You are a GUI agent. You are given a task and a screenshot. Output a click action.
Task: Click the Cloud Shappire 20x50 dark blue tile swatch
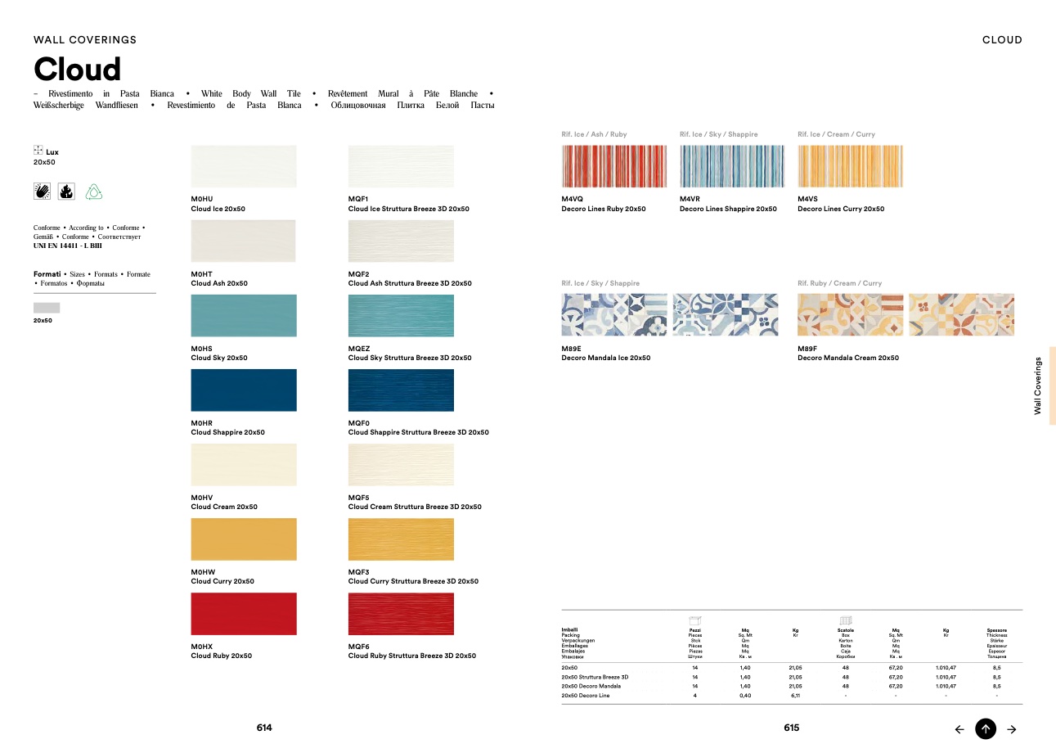(244, 390)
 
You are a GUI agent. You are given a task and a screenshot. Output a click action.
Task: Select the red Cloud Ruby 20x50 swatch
(244, 614)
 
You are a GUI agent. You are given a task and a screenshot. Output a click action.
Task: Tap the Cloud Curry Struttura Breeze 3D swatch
(401, 539)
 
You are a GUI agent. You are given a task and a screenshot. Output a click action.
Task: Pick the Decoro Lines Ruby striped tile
(614, 167)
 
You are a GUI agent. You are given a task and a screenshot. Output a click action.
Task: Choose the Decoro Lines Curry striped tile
(850, 167)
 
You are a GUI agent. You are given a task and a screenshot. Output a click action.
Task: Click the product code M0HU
(202, 199)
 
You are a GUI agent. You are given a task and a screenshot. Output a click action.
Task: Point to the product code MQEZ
(359, 348)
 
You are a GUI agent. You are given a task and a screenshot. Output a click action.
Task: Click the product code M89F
(809, 348)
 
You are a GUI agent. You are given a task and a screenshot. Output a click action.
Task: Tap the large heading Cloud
(77, 69)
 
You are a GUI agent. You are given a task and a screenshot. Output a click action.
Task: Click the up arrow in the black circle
(986, 728)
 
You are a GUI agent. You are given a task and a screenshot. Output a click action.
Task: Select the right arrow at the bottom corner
(1012, 729)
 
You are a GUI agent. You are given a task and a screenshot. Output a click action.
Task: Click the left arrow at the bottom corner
(959, 729)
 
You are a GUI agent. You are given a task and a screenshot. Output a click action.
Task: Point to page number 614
(264, 728)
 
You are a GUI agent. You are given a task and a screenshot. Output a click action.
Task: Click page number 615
(791, 728)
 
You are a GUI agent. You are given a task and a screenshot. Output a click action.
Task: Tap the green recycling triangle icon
(94, 192)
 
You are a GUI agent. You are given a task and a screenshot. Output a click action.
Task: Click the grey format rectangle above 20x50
(47, 308)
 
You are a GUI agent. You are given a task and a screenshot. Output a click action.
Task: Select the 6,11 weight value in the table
(795, 696)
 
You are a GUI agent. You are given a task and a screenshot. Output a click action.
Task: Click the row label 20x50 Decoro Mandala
(591, 686)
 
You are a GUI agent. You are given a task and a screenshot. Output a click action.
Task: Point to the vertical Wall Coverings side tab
(1039, 386)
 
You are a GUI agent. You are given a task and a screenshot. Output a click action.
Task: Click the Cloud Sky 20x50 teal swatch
(244, 316)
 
